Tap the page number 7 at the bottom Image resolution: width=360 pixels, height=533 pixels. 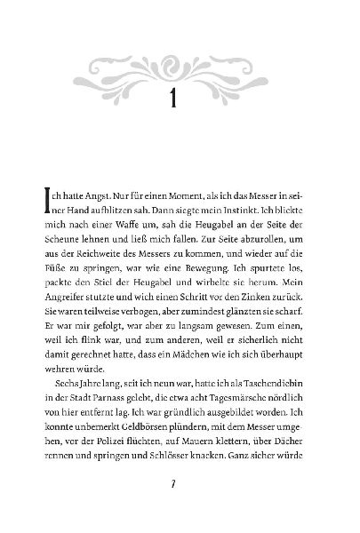(x=180, y=510)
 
